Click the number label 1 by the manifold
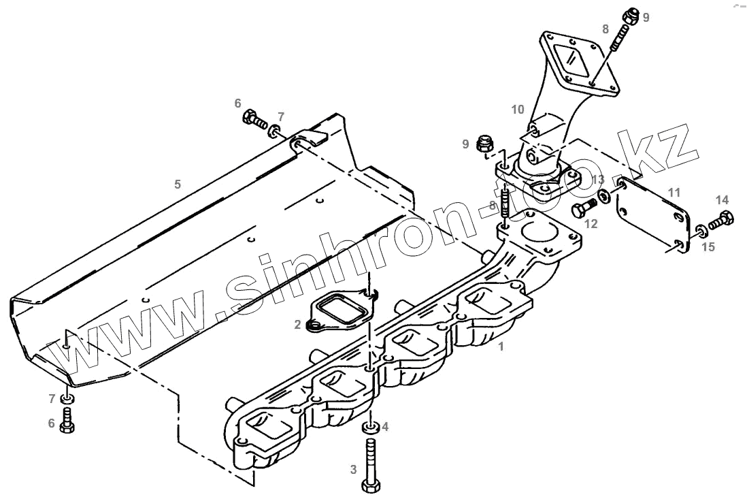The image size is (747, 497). coord(501,347)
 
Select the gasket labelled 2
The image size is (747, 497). coord(336,314)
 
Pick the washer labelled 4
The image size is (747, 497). coord(369,428)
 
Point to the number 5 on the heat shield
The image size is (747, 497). coord(178,184)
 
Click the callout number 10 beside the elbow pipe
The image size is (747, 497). coord(518,109)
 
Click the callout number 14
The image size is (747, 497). coord(722,199)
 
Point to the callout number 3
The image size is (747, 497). coord(353,469)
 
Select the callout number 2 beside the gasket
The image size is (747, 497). coord(297,325)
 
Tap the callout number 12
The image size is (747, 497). coord(590,223)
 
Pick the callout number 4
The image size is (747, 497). coord(385,427)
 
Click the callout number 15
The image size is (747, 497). coord(708,247)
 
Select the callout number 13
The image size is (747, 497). coord(597,180)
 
